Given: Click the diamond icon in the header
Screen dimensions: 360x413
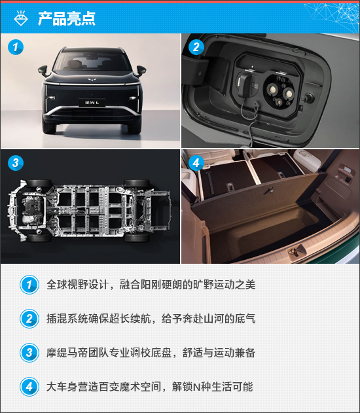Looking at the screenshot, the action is [21, 18].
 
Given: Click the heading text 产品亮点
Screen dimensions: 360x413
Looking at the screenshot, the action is [66, 18].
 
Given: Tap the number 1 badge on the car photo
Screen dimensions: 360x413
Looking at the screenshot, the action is [16, 47].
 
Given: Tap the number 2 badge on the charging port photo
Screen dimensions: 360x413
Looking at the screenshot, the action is [196, 47].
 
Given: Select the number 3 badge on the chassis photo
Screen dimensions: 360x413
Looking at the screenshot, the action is [16, 163].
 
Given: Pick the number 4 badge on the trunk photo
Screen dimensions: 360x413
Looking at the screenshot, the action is [196, 163].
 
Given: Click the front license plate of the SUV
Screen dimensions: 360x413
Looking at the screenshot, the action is [92, 103].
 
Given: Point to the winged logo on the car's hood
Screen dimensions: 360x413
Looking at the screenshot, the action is [91, 79].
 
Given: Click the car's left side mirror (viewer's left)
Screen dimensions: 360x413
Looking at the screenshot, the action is [43, 70].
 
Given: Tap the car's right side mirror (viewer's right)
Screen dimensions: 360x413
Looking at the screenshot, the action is [141, 71].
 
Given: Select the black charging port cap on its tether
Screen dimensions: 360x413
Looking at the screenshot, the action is [245, 84].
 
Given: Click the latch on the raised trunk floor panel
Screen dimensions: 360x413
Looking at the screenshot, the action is [268, 190].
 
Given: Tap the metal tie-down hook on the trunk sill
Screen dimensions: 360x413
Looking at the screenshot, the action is [296, 251].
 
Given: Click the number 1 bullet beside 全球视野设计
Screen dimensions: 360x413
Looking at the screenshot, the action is [29, 285].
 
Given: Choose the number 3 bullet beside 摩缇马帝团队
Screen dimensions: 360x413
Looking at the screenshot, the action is [29, 352].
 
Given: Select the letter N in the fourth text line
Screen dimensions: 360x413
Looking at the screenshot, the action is [197, 387].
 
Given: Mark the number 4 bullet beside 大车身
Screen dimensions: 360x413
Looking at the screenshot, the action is [29, 387].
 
